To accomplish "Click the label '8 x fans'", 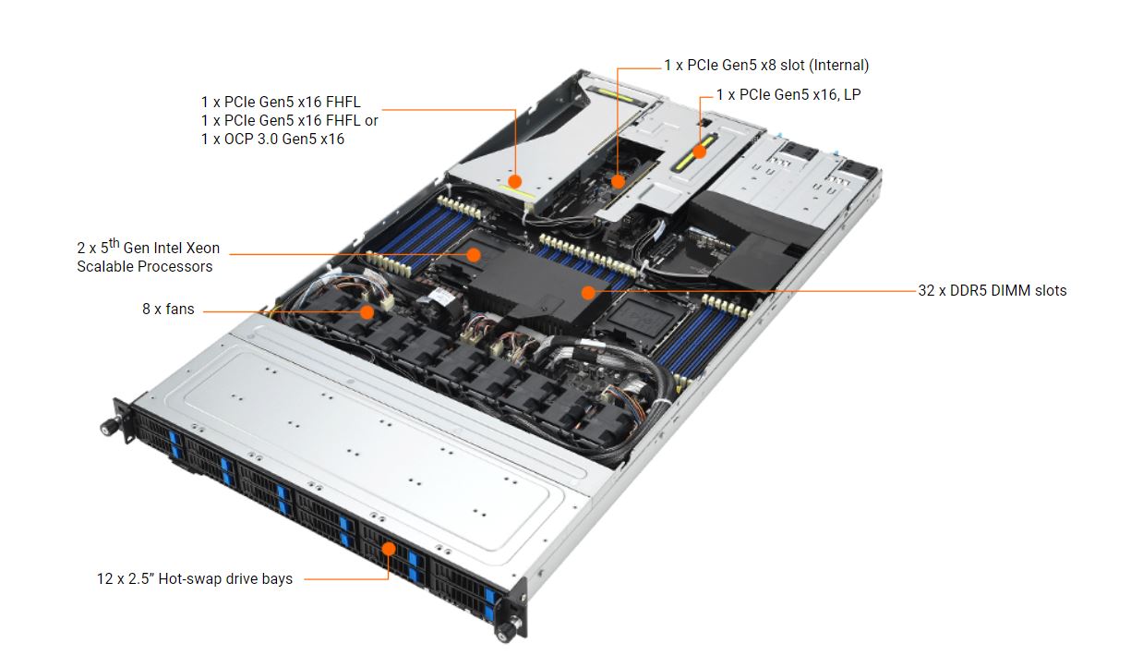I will [168, 310].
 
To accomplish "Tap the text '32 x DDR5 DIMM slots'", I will [992, 290].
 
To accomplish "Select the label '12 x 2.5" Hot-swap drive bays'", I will [195, 579].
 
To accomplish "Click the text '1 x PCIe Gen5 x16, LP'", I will [788, 94].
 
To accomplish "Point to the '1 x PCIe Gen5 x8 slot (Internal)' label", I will [765, 65].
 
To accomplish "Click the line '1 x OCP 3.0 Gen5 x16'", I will [272, 139].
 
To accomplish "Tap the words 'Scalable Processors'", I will [145, 267].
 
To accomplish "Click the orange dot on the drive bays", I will [389, 549].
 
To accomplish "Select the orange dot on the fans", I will [367, 312].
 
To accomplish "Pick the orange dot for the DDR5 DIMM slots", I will [587, 292].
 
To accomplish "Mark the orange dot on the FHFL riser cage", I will [515, 182].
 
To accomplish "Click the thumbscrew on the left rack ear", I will [108, 428].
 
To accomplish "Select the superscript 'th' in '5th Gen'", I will [115, 243].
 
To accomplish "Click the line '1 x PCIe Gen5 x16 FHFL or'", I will [290, 120].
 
